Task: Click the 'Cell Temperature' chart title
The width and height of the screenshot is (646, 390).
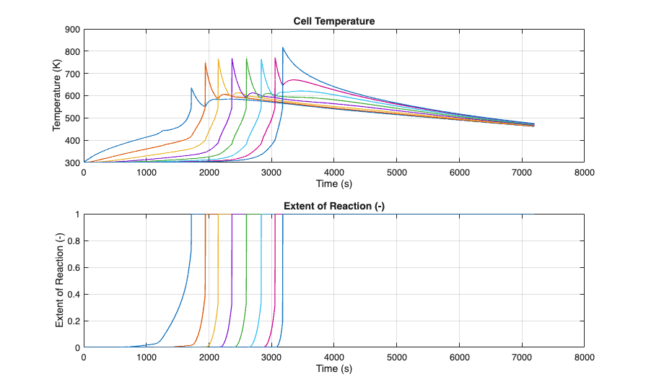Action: (334, 21)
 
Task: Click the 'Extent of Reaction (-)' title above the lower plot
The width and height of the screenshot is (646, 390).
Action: (334, 207)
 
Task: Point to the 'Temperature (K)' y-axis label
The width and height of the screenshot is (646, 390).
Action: (58, 96)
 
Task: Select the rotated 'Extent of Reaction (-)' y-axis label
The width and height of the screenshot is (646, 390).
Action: (60, 281)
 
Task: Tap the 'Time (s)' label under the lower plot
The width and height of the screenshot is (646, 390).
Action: (334, 369)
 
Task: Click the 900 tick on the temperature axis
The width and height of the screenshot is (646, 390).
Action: (71, 30)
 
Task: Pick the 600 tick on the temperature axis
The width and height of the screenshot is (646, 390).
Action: (71, 96)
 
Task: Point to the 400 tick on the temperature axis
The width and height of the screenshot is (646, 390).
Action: (71, 140)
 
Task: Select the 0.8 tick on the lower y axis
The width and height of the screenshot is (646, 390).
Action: (74, 241)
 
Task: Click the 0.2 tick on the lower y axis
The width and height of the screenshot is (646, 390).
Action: (74, 321)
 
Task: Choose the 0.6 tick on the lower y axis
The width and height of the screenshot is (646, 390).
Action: (74, 268)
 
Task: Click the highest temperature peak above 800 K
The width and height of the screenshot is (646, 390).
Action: (283, 48)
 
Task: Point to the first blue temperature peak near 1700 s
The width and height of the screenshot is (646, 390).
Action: (191, 88)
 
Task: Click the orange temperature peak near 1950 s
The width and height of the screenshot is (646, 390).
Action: (206, 62)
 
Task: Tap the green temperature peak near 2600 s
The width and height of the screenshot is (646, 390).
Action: (247, 58)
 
